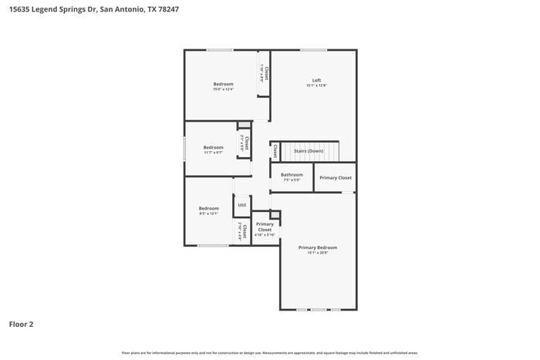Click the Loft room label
tap(316, 80)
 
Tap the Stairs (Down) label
tap(309, 151)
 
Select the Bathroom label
tap(292, 174)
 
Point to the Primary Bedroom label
tap(318, 247)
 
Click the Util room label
tap(241, 205)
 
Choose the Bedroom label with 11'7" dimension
tap(213, 147)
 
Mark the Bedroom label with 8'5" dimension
tap(209, 208)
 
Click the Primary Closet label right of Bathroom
tap(336, 178)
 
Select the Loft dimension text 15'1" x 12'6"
tap(316, 86)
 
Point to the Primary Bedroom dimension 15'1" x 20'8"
tap(318, 253)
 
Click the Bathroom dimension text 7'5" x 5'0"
tap(292, 180)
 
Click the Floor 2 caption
tap(21, 325)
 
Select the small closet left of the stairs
tap(275, 151)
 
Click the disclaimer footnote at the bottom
tap(270, 352)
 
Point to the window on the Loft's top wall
tap(313, 50)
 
